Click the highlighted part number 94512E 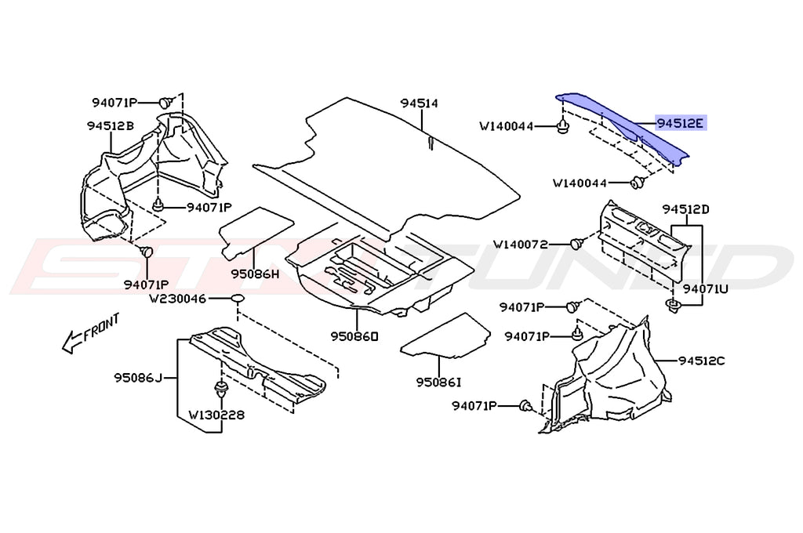point(681,123)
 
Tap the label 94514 point(419,103)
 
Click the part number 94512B point(110,125)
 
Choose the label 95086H point(255,274)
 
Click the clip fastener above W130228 point(219,389)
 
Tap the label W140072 point(532,245)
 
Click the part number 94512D point(685,209)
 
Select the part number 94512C point(702,361)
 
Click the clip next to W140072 point(577,244)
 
